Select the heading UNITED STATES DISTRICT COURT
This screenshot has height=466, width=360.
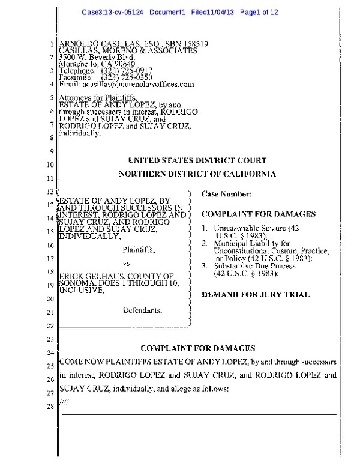197,160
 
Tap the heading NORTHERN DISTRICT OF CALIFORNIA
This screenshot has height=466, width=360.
197,174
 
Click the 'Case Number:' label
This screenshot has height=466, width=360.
222,194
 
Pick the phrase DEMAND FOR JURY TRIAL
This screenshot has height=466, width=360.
256,295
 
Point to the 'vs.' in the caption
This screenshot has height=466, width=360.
127,264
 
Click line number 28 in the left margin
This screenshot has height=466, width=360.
50,408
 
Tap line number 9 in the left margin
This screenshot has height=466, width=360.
52,151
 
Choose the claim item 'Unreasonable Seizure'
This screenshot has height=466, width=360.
243,228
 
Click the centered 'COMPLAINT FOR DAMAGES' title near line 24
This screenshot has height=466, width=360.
198,348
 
